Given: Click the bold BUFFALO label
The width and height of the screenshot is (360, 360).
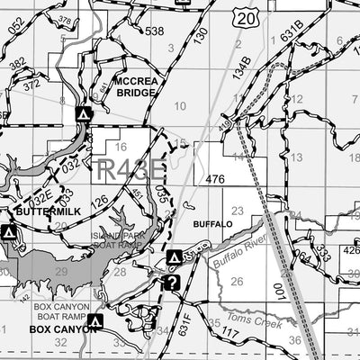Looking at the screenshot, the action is (212, 222).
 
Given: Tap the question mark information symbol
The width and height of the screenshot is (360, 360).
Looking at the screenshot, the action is (172, 283).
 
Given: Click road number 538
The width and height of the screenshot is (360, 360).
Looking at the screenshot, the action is (155, 31).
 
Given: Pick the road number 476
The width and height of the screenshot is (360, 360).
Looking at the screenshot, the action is (214, 180).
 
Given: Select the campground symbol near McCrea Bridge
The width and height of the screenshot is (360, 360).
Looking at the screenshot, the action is (84, 115).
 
